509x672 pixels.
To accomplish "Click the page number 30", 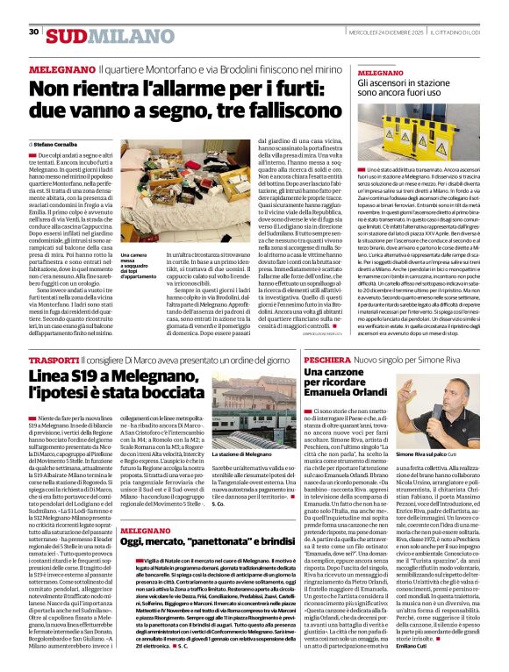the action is pyautogui.click(x=34, y=32).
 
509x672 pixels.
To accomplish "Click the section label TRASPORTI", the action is pyautogui.click(x=54, y=361).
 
